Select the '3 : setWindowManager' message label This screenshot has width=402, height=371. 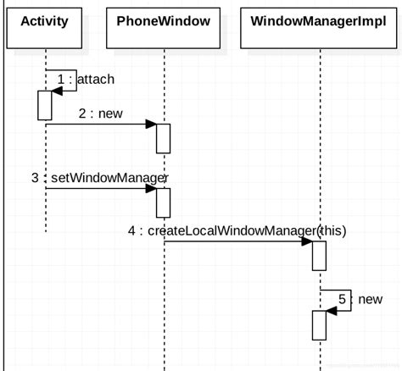[100, 177]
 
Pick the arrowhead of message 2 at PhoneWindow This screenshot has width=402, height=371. [151, 125]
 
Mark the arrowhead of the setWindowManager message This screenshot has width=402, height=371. [151, 189]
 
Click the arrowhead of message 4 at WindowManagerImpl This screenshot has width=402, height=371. [307, 242]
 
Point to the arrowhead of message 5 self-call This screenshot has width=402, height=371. [332, 310]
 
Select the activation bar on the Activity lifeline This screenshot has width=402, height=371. [45, 104]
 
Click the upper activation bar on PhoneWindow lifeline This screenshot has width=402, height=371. [164, 138]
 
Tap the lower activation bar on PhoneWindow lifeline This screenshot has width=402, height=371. [164, 202]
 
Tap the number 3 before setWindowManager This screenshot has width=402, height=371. [35, 177]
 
